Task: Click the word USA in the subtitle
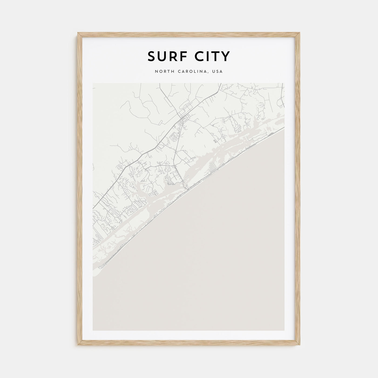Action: click(x=218, y=72)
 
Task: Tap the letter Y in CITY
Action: click(x=226, y=56)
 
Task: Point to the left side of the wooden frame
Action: click(x=80, y=189)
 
